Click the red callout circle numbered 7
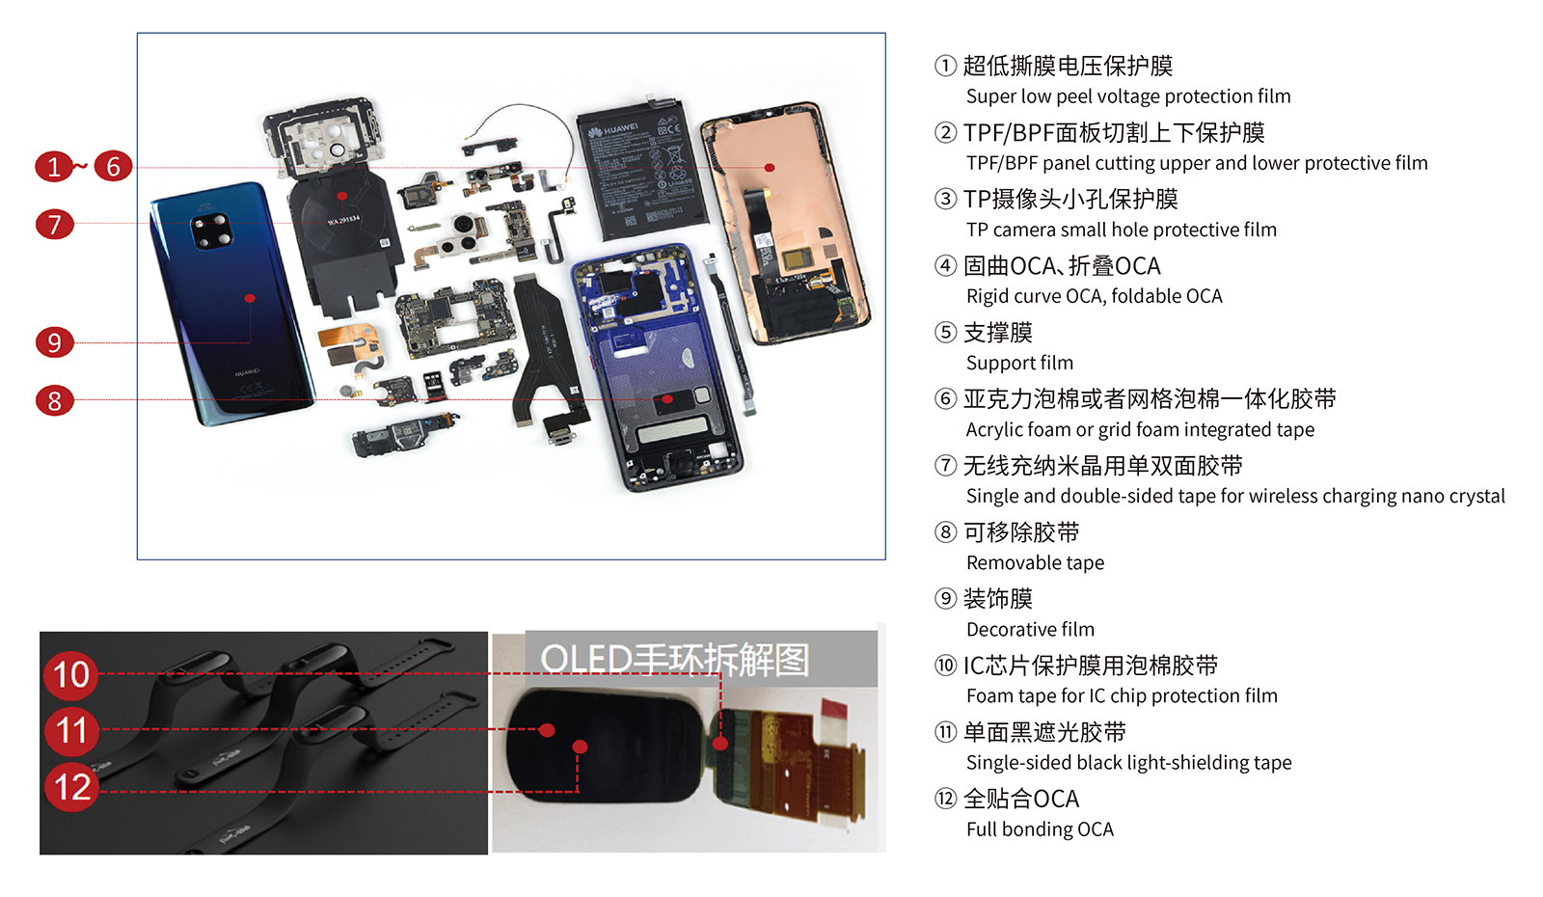click(54, 225)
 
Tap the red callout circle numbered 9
click(54, 342)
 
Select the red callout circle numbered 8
click(54, 400)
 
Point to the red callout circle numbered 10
click(71, 674)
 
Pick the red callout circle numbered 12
click(72, 787)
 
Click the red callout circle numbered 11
click(71, 731)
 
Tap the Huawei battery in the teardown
click(642, 169)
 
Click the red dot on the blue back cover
click(250, 298)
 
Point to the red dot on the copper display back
click(770, 168)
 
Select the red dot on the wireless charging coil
click(341, 197)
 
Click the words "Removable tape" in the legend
click(1035, 563)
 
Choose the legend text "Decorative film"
click(1030, 629)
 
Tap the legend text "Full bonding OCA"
click(1040, 829)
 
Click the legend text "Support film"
click(1019, 363)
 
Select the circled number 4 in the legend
click(945, 265)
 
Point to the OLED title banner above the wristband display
click(701, 659)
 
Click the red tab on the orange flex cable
click(835, 709)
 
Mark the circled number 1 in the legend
click(945, 66)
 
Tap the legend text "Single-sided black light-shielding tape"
click(1128, 763)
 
